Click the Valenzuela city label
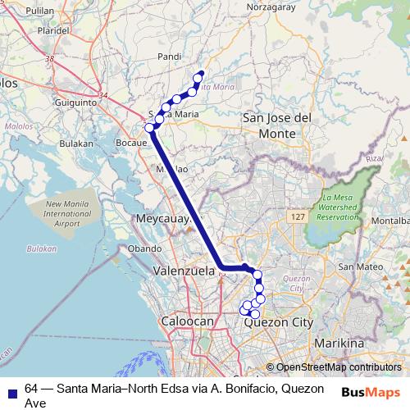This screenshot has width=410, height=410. pos(184,270)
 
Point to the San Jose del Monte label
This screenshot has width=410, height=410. pos(277,125)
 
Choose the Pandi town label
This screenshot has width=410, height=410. pos(168,57)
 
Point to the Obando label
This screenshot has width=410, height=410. pos(145,248)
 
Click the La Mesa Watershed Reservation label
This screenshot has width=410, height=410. pos(338,207)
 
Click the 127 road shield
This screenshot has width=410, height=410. pos(298,215)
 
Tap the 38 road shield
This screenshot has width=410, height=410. pos(51,59)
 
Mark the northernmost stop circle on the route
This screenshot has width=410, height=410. pos(200,75)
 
